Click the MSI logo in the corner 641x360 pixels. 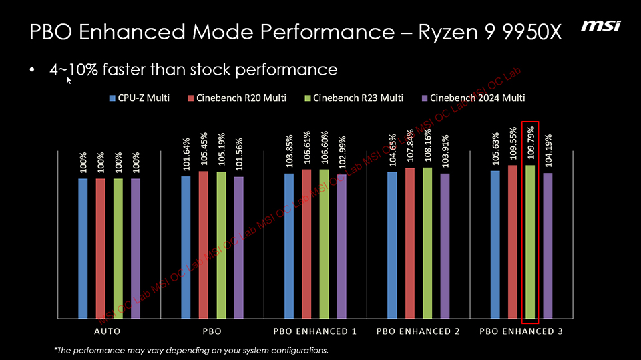600,26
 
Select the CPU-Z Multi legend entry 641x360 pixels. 139,98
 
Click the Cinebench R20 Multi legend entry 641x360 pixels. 238,98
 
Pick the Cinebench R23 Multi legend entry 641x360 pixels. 353,98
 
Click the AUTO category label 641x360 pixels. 108,331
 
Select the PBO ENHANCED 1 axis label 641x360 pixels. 315,331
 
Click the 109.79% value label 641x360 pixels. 530,142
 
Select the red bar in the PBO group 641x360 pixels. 203,245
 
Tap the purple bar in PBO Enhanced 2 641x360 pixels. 445,246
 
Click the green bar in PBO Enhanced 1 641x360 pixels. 324,244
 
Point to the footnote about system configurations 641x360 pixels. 191,350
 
